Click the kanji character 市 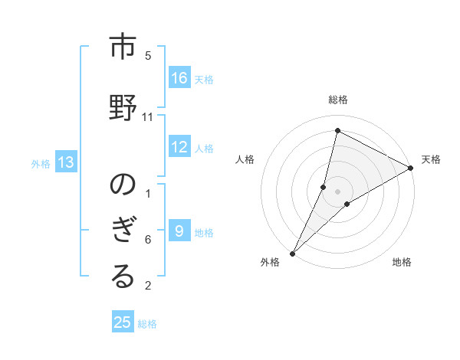pyautogui.click(x=123, y=49)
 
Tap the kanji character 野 pyautogui.click(x=123, y=104)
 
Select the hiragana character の pyautogui.click(x=123, y=185)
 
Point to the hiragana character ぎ pyautogui.click(x=123, y=231)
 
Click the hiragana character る pyautogui.click(x=123, y=277)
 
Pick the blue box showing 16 pyautogui.click(x=179, y=78)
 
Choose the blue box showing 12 pyautogui.click(x=179, y=147)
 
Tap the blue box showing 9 pyautogui.click(x=179, y=231)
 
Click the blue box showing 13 pyautogui.click(x=66, y=162)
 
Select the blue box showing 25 pyautogui.click(x=123, y=322)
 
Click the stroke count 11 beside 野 pyautogui.click(x=148, y=117)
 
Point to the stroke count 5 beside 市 pyautogui.click(x=148, y=56)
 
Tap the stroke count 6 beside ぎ pyautogui.click(x=148, y=240)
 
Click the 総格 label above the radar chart pyautogui.click(x=338, y=100)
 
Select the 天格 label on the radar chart pyautogui.click(x=431, y=159)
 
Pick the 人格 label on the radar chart pyautogui.click(x=245, y=159)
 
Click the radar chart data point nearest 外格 pyautogui.click(x=292, y=253)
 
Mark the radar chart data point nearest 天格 pyautogui.click(x=411, y=168)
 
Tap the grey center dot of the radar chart pyautogui.click(x=338, y=191)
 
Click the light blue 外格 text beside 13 pyautogui.click(x=41, y=163)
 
